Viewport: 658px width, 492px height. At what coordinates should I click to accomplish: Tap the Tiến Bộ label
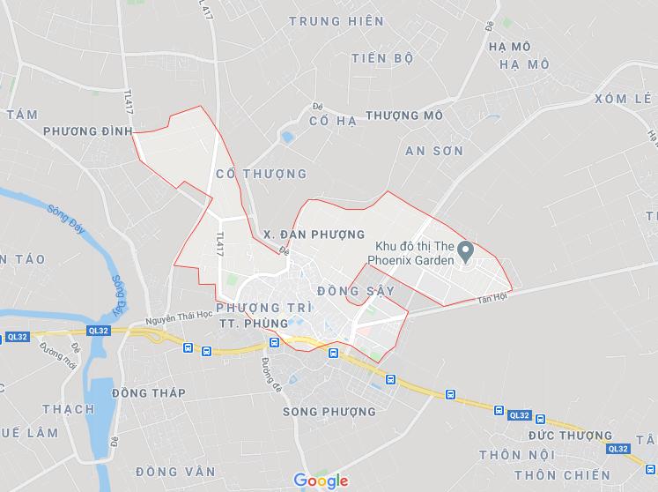(381, 58)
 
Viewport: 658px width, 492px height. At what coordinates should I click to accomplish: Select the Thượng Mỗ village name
(403, 116)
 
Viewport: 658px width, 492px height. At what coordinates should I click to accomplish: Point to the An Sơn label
(434, 151)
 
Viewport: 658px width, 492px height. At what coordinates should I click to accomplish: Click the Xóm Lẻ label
(628, 99)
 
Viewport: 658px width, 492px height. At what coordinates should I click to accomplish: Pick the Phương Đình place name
(86, 130)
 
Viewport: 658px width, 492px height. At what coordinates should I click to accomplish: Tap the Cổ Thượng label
(261, 174)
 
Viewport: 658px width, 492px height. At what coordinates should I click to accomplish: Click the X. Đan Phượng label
(314, 235)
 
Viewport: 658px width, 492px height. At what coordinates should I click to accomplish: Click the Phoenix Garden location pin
(468, 250)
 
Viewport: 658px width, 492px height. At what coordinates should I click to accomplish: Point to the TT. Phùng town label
(253, 324)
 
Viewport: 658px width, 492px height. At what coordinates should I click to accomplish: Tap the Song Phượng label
(329, 412)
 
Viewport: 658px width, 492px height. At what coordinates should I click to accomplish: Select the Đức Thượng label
(571, 436)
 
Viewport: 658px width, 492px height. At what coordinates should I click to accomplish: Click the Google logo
(321, 481)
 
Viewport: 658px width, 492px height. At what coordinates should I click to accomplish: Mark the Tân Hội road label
(492, 298)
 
